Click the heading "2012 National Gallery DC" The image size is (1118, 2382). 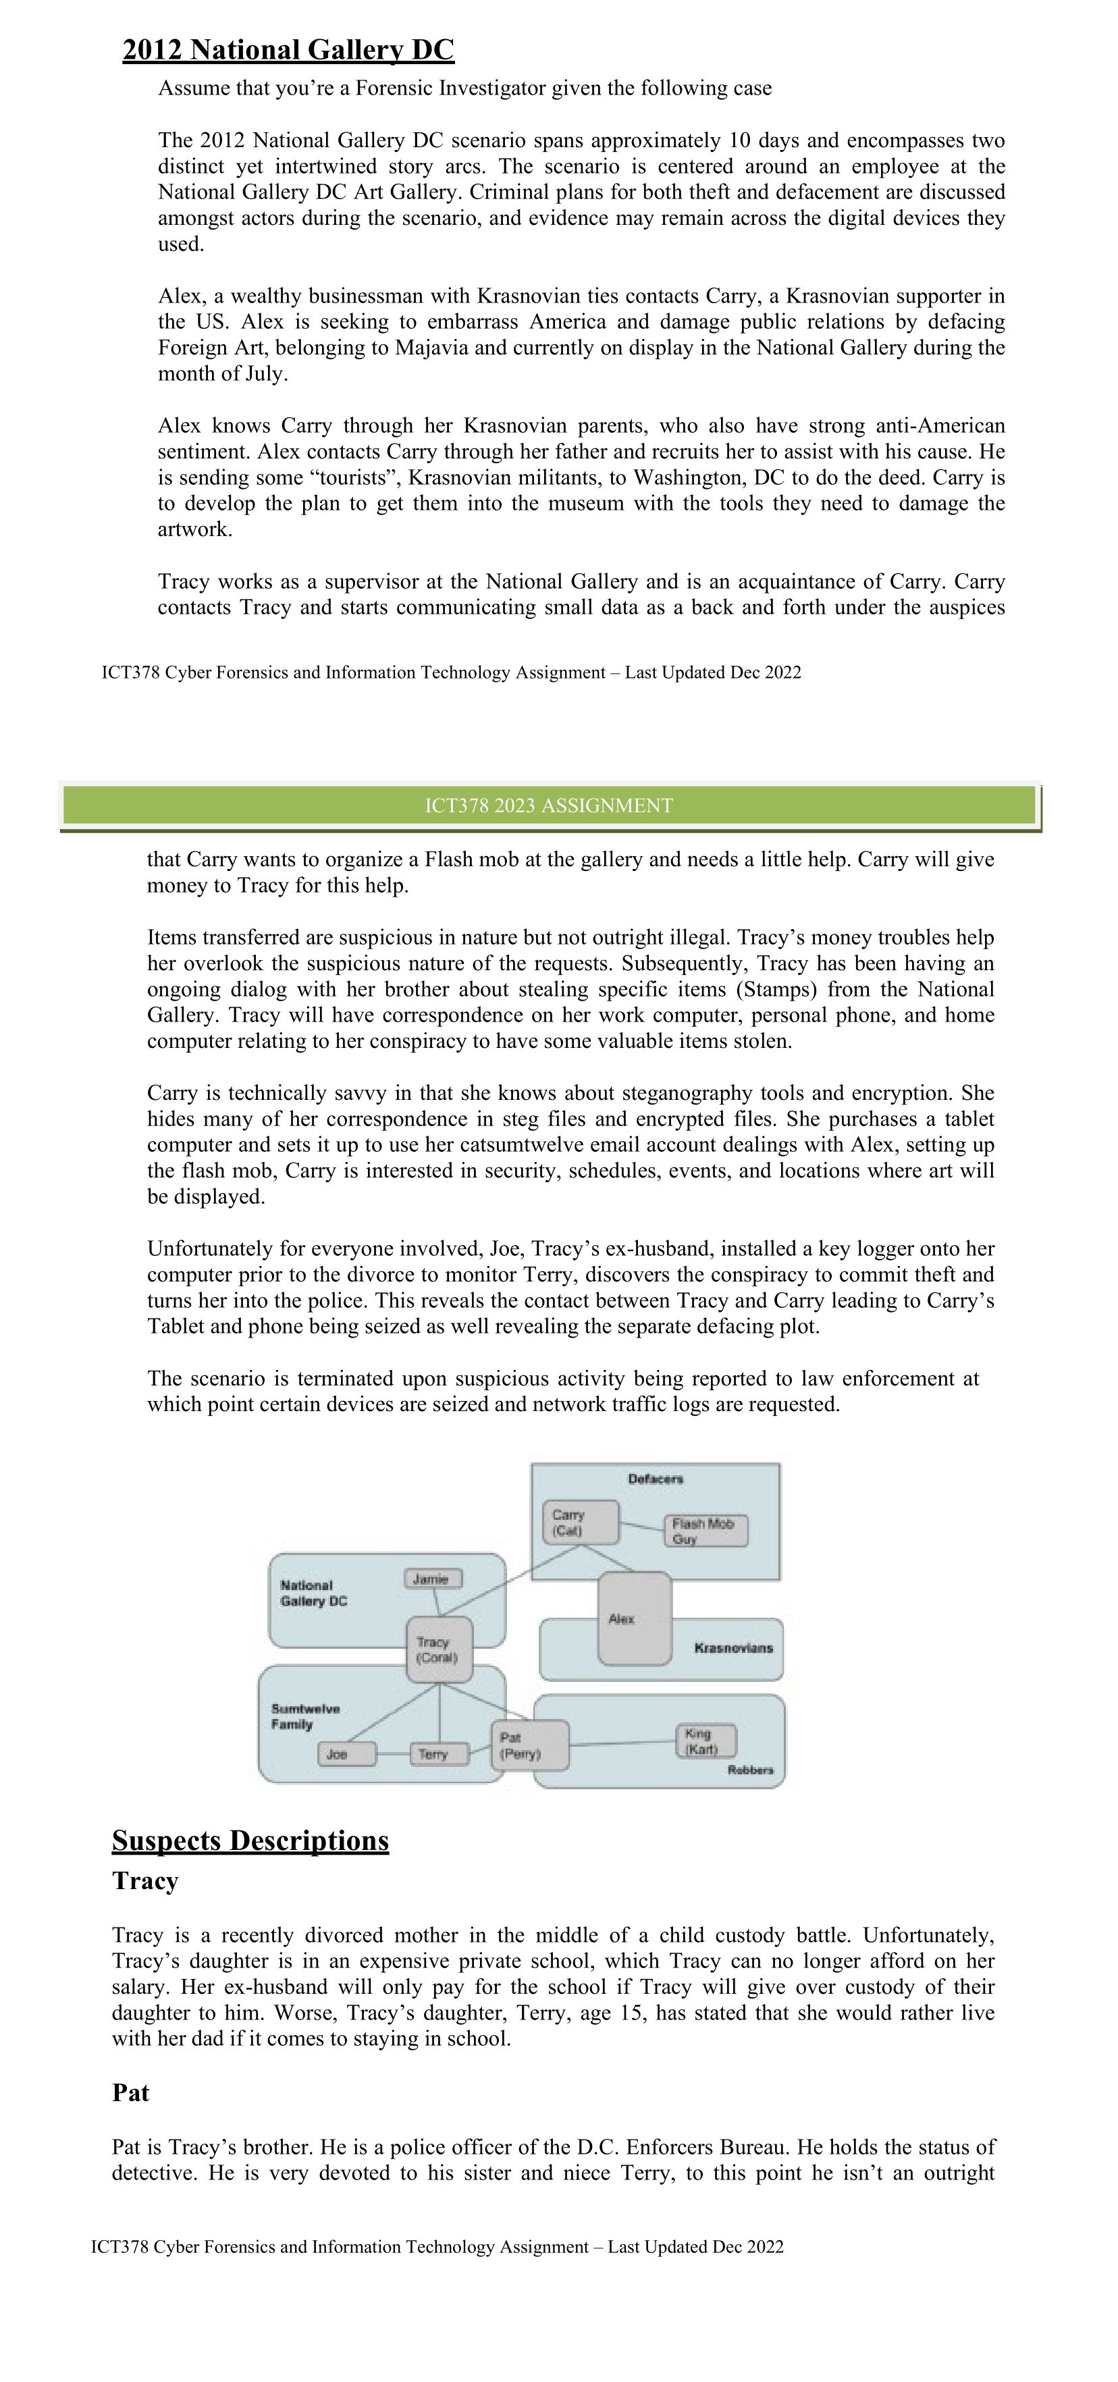(288, 50)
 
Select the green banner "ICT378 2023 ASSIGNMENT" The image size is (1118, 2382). (548, 805)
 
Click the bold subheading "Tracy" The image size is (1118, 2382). (145, 1882)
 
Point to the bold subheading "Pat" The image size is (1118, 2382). (130, 2092)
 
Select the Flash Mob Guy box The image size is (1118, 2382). (705, 1531)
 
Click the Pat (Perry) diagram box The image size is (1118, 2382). (529, 1746)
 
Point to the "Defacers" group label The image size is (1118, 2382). (656, 1479)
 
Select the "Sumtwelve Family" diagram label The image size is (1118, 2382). (305, 1716)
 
